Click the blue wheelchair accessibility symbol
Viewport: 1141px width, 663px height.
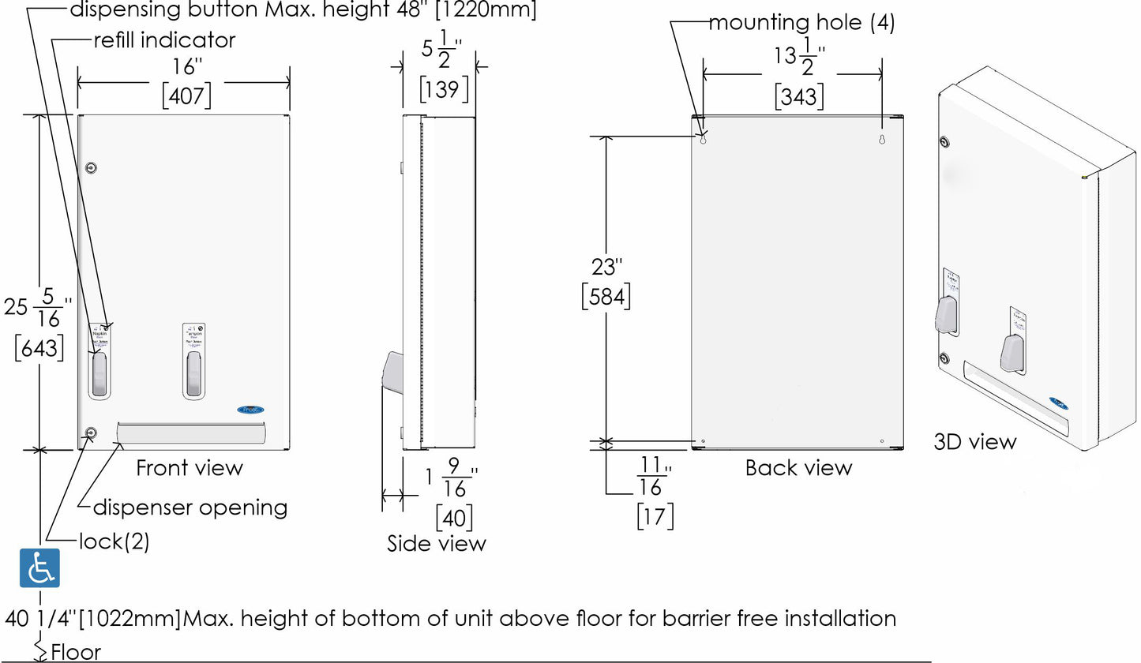click(x=39, y=567)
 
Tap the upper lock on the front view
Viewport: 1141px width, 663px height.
click(x=91, y=167)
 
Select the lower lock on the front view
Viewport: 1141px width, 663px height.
click(x=91, y=433)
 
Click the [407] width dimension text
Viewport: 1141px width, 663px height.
click(x=187, y=96)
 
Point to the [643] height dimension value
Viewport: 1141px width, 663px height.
click(x=39, y=347)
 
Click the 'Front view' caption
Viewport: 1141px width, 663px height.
click(x=190, y=468)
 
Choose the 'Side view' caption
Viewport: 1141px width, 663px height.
click(x=437, y=543)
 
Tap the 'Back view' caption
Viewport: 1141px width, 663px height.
click(x=799, y=468)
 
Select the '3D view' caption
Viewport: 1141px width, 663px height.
click(x=975, y=442)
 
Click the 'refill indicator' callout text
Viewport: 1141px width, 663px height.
click(x=164, y=39)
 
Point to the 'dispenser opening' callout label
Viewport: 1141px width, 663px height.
click(x=190, y=507)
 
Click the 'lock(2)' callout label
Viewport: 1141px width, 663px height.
click(x=114, y=541)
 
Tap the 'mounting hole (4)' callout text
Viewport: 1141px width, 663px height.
click(x=801, y=23)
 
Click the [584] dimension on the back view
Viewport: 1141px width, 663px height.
click(x=606, y=297)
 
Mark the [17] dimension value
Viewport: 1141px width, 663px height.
click(x=655, y=516)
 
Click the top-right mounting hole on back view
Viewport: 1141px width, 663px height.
click(x=883, y=140)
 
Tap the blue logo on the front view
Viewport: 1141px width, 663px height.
click(x=251, y=410)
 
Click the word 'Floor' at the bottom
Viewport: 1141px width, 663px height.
click(x=76, y=652)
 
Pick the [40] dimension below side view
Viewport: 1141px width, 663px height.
click(x=455, y=517)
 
